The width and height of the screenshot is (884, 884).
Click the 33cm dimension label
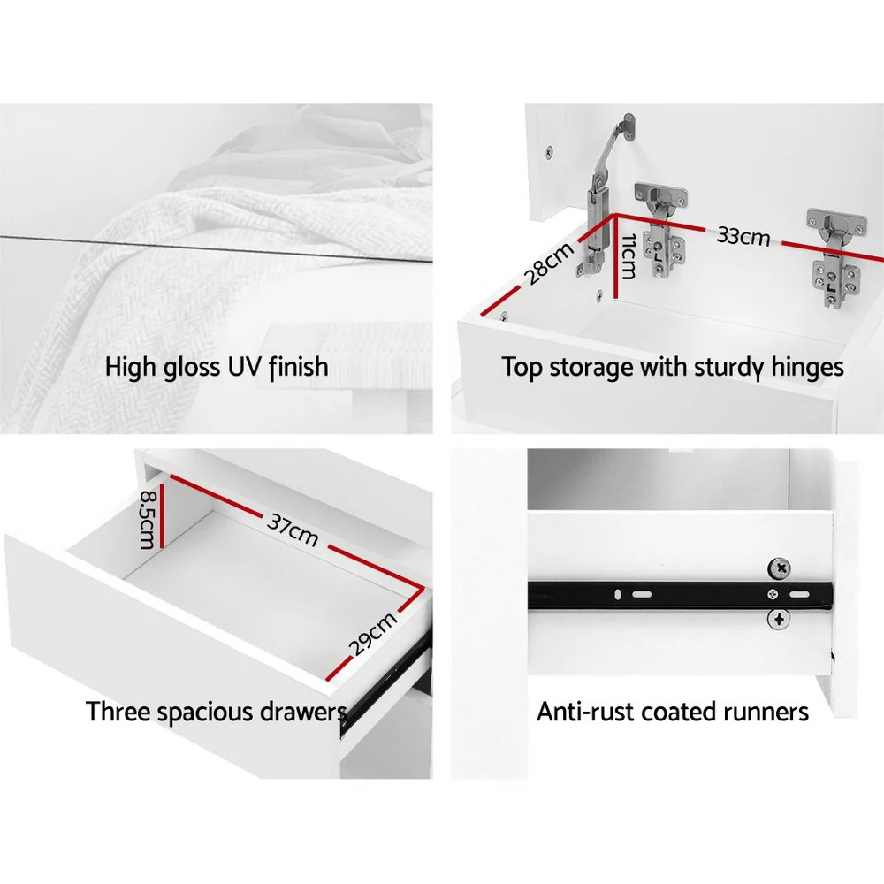[743, 236]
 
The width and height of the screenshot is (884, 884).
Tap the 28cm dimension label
[549, 263]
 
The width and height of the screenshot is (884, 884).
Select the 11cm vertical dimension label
[629, 256]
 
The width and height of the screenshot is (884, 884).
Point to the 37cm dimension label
[293, 530]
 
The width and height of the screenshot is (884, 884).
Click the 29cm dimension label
[373, 634]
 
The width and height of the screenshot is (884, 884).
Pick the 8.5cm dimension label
[147, 519]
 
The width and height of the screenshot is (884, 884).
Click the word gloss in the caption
[192, 368]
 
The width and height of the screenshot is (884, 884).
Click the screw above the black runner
[780, 568]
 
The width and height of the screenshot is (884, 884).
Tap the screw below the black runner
[779, 620]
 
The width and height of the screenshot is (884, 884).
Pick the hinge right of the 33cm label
[836, 256]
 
